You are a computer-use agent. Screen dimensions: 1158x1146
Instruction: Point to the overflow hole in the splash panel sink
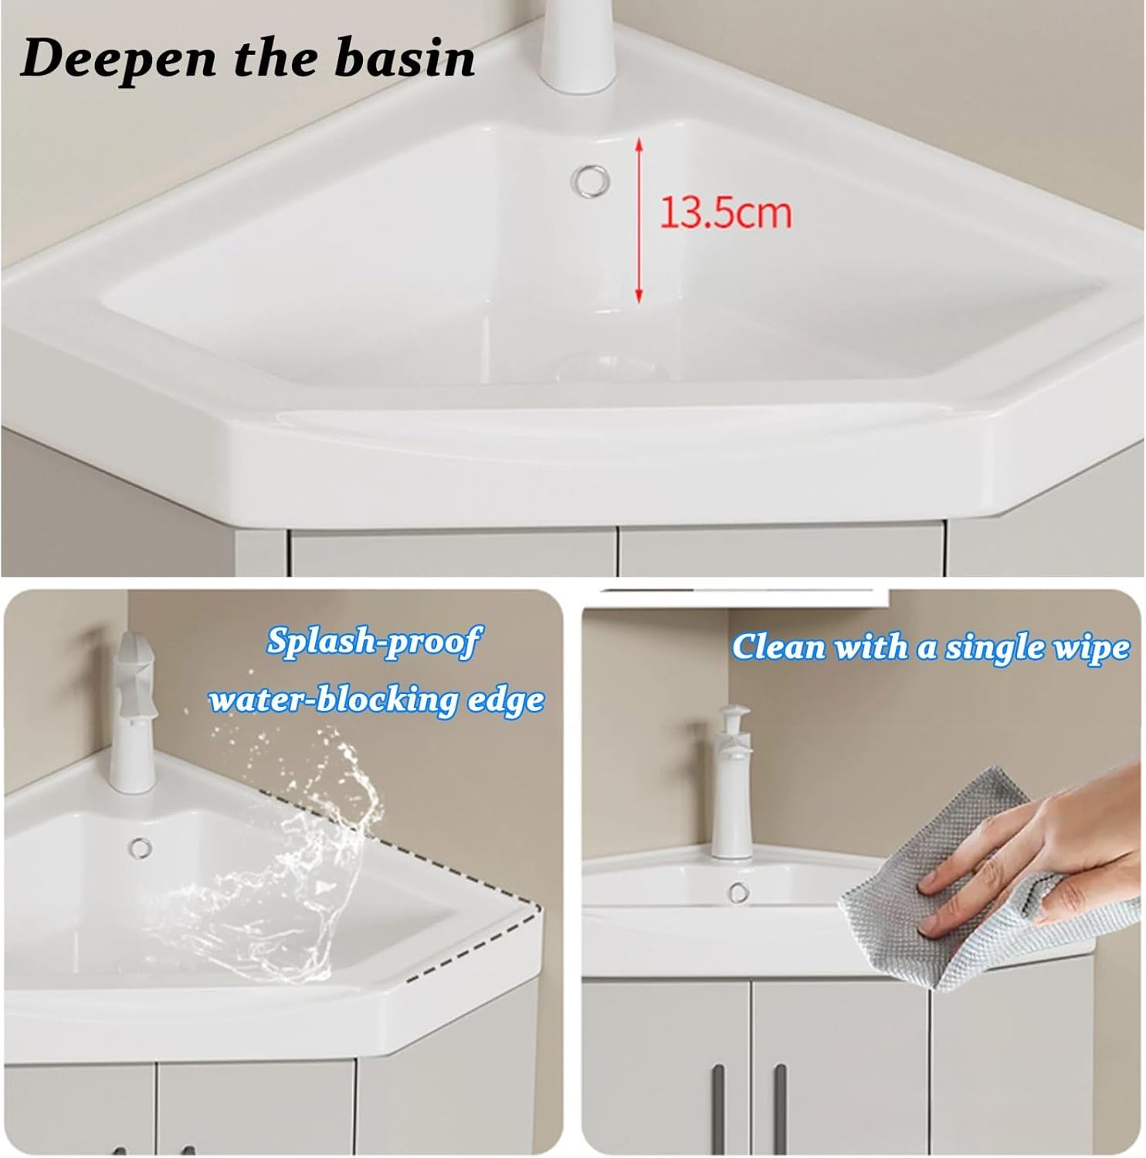click(x=141, y=847)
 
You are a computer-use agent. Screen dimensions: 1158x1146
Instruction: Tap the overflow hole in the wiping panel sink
click(x=739, y=892)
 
